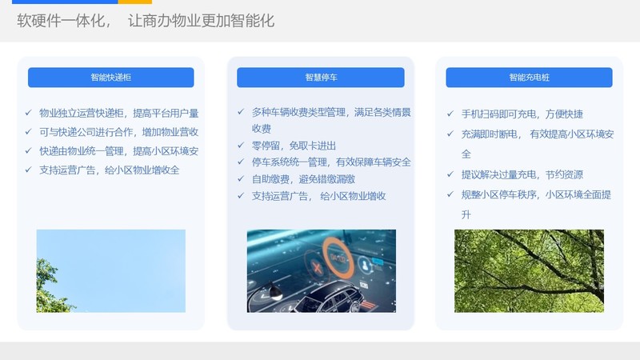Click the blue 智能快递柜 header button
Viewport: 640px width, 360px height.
110,77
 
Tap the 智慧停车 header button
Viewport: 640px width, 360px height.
321,77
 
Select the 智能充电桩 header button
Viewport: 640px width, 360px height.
529,77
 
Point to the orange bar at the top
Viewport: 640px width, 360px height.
134,2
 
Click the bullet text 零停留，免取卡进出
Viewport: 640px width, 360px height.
294,146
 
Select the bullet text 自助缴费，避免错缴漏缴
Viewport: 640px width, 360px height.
303,178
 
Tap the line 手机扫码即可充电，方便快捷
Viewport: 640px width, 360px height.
522,114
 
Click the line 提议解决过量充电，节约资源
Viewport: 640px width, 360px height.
522,174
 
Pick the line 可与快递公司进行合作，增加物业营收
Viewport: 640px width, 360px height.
118,132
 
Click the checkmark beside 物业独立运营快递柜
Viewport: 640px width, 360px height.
28,113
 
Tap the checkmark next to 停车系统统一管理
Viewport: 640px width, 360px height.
241,162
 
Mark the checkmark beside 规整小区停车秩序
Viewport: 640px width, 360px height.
450,194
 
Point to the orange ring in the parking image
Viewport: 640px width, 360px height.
338,258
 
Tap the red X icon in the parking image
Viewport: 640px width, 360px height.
316,268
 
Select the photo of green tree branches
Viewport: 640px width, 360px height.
529,271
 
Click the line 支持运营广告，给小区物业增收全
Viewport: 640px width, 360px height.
110,170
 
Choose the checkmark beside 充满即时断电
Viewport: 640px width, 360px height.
450,134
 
